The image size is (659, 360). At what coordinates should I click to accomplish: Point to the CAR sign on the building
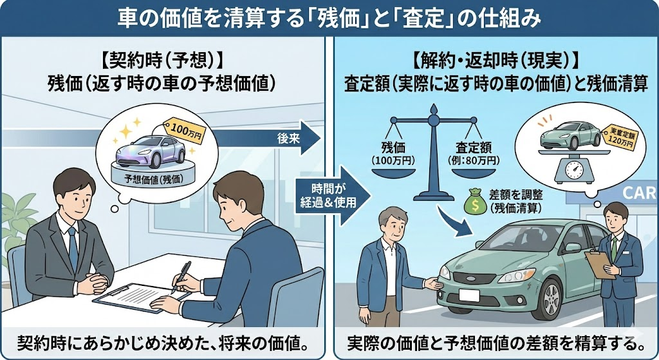click(640, 193)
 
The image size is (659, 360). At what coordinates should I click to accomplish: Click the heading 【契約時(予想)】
click(162, 62)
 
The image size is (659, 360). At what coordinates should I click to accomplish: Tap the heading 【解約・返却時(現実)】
click(495, 62)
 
